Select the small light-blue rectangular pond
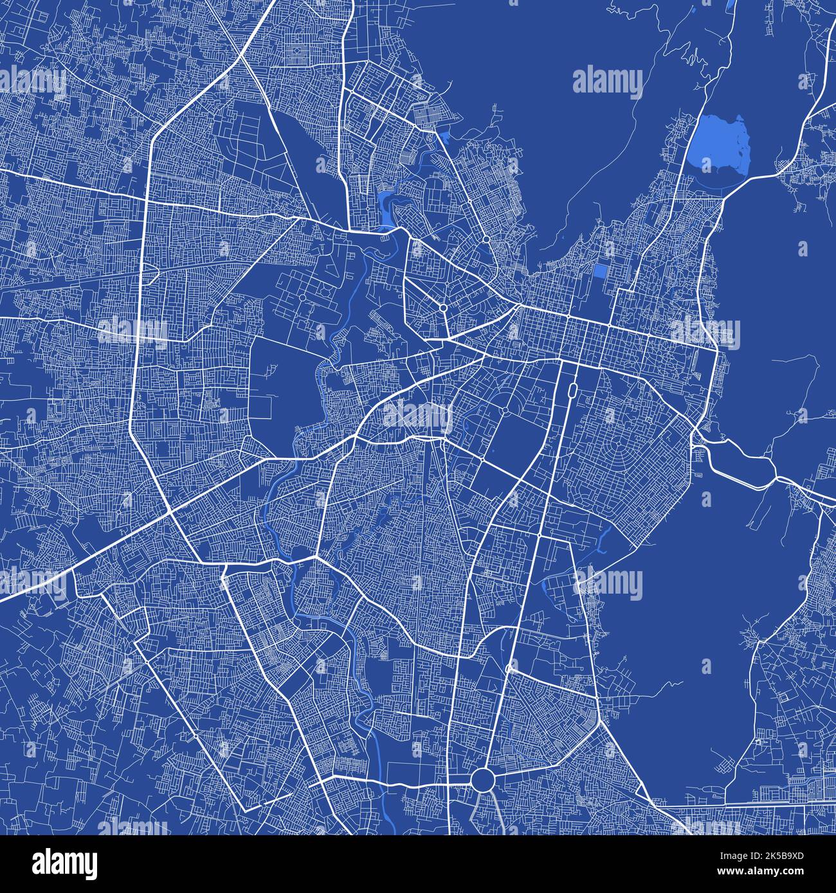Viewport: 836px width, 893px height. (x=600, y=270)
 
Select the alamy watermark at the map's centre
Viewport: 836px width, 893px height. (x=417, y=414)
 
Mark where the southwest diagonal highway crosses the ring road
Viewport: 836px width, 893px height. (x=169, y=511)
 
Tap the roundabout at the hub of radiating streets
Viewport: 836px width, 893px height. (x=443, y=308)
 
